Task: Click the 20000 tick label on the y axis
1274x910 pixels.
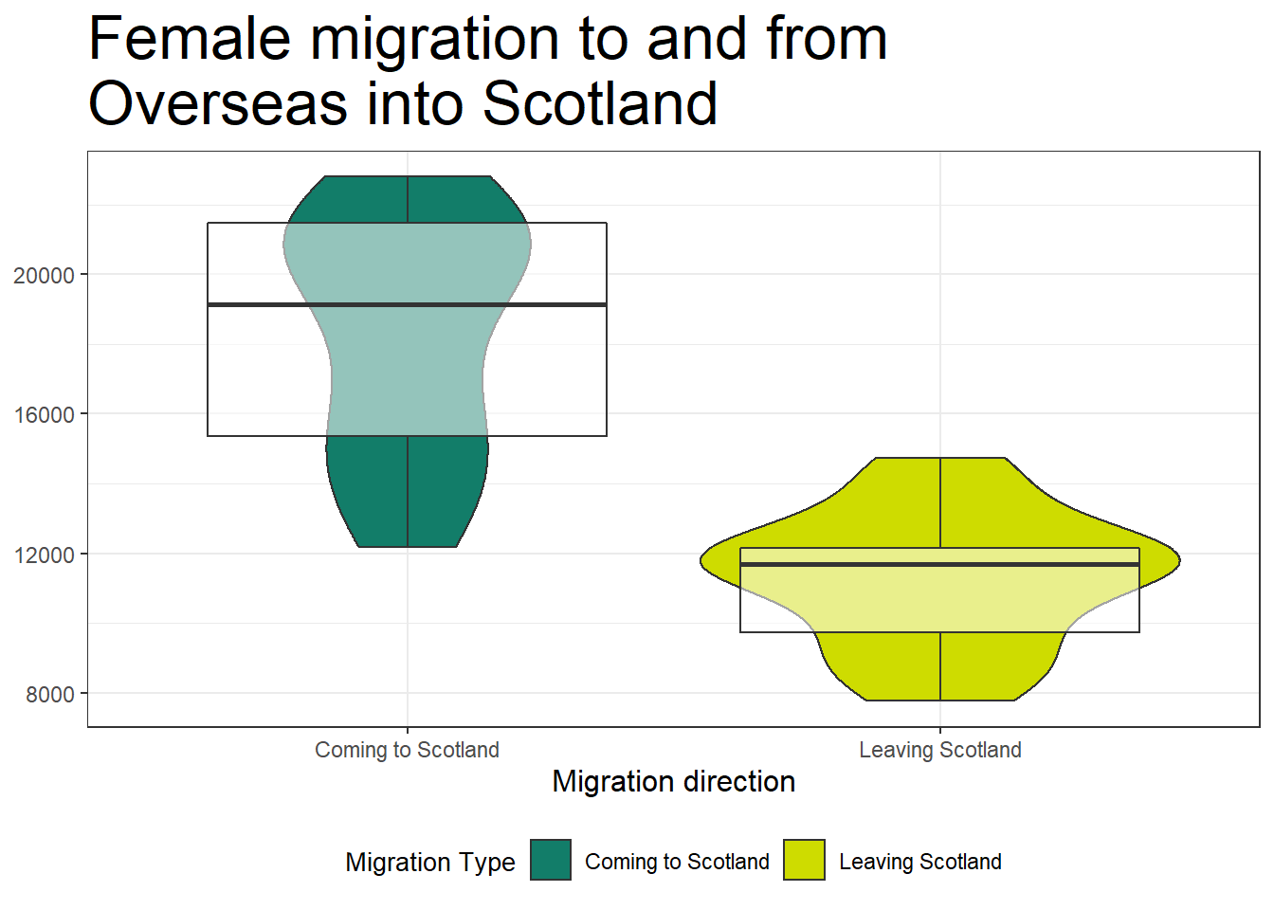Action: click(x=44, y=276)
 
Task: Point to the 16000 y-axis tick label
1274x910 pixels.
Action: click(x=44, y=415)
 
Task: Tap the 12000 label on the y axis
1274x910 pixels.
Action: click(x=44, y=555)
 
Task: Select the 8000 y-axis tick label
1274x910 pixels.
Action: click(x=50, y=695)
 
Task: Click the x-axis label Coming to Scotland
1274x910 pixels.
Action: click(x=408, y=750)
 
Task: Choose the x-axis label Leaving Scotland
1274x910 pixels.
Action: click(x=940, y=750)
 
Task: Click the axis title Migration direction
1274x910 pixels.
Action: click(x=673, y=782)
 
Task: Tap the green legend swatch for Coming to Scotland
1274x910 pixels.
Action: click(x=551, y=860)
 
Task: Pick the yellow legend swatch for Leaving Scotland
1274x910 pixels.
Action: click(x=804, y=860)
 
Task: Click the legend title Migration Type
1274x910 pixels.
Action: click(x=430, y=863)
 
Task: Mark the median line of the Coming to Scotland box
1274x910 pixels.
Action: click(x=408, y=305)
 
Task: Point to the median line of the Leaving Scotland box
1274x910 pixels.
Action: click(x=940, y=564)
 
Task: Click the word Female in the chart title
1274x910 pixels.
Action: click(x=190, y=39)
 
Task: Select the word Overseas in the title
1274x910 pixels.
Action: click(x=218, y=103)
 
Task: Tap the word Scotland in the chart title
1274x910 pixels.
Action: click(x=600, y=103)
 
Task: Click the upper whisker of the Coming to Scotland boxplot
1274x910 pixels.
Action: click(x=408, y=200)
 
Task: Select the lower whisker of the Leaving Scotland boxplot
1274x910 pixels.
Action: click(x=940, y=666)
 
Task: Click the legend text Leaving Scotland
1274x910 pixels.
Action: click(x=920, y=862)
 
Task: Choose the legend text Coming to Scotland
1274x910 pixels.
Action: click(x=677, y=862)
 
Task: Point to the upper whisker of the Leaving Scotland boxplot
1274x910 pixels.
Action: click(x=940, y=502)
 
